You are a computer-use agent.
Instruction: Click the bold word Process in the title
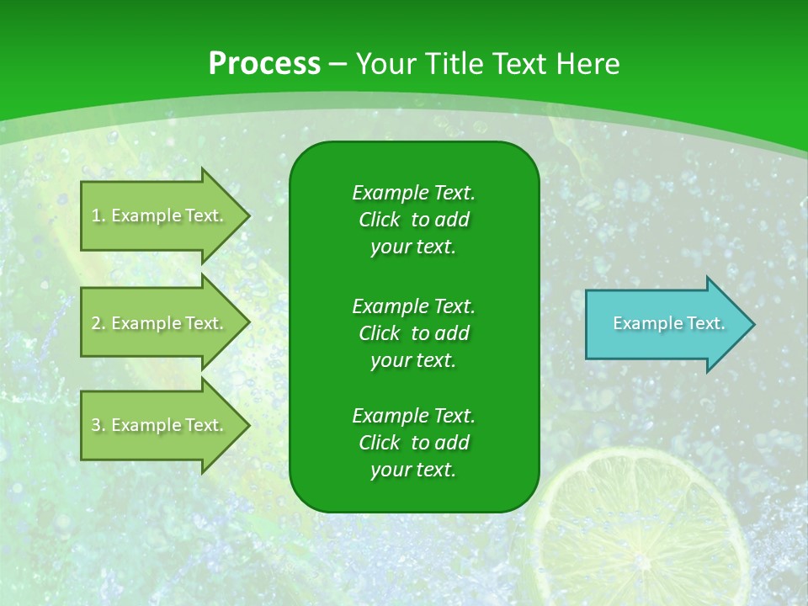click(264, 64)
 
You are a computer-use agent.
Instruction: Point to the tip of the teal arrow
click(752, 324)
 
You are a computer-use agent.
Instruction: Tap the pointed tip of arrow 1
click(247, 215)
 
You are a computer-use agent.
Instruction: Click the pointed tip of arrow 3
click(247, 425)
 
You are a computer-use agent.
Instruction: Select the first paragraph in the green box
click(413, 220)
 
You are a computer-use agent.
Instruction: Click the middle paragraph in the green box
click(413, 332)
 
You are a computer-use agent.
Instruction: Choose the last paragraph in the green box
click(413, 443)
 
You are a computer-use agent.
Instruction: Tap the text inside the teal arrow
click(668, 323)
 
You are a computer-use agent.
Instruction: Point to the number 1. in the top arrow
click(98, 215)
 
